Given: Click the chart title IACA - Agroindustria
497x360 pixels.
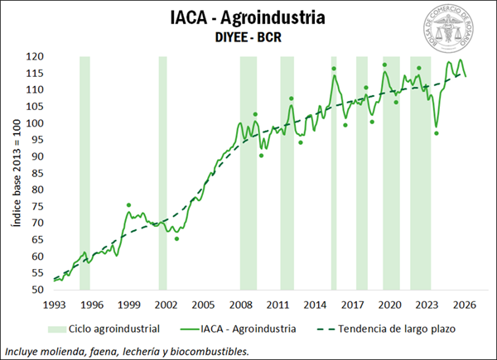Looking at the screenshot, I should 249,17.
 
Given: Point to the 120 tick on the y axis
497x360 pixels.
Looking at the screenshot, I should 34,56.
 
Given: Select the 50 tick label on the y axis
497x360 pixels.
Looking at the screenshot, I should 36,290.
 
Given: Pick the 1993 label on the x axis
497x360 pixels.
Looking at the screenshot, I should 54,304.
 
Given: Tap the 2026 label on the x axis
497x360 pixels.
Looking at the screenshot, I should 464,304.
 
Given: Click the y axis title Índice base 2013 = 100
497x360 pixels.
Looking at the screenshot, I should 15,173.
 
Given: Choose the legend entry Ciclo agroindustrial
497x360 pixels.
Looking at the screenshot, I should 113,329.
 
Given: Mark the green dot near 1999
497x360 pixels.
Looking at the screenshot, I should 128,204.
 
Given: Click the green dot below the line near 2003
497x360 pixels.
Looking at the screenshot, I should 176,238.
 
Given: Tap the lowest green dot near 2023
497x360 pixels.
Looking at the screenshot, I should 437,133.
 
